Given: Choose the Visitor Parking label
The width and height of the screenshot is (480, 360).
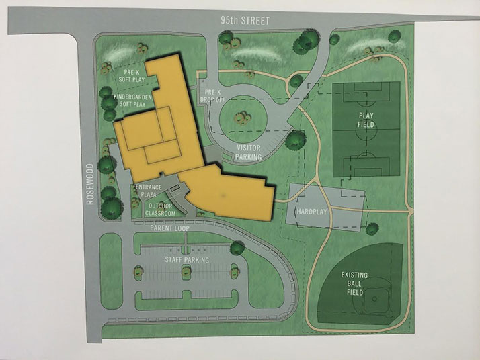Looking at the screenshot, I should [246, 151].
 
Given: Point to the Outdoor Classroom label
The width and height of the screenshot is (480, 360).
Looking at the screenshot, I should [161, 209].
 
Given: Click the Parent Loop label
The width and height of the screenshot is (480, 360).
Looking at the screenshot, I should [169, 229].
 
